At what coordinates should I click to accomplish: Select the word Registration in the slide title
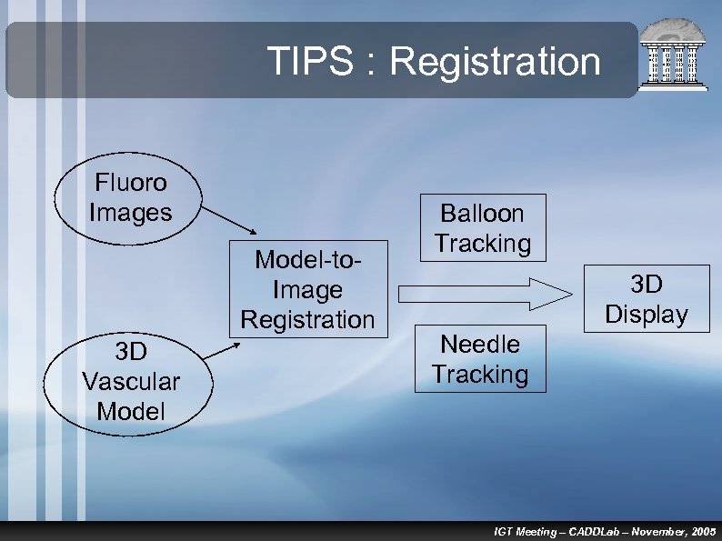point(495,62)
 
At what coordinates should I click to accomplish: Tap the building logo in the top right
point(675,55)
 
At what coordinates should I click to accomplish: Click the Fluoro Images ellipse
point(130,198)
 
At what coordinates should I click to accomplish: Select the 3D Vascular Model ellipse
point(130,381)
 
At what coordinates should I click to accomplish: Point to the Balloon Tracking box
point(482,228)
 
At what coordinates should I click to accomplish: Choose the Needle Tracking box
point(480,359)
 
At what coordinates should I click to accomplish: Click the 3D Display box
point(647,299)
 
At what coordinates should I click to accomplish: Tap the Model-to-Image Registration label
point(307,290)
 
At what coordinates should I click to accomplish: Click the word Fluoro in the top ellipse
point(131,183)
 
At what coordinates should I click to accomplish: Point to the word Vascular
point(131,381)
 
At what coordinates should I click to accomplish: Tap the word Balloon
point(482,214)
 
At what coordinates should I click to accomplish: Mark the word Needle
point(480,345)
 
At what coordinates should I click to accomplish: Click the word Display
point(647,315)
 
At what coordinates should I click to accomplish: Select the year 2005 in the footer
point(703,531)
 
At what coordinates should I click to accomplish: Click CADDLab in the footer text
point(599,531)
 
